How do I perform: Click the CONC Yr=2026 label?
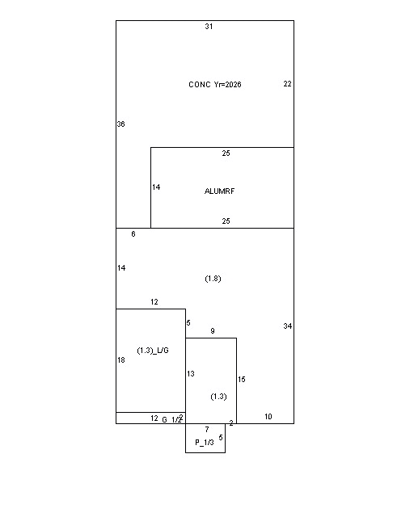coord(215,84)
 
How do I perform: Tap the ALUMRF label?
coord(220,191)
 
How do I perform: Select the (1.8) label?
coord(213,279)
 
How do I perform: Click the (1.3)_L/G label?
coord(153,351)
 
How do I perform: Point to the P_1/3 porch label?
coord(205,443)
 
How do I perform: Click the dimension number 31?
coord(209,27)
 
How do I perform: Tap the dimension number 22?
coord(288,84)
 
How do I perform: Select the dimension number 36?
coord(120,124)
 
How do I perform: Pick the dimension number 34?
coord(288,326)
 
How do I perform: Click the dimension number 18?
coord(121,360)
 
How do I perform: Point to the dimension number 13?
coord(191,373)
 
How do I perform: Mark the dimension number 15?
coord(241,380)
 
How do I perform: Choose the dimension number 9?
coord(213,330)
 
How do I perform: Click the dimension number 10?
coord(268,417)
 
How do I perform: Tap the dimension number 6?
coord(133,233)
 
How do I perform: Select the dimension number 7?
coord(207,429)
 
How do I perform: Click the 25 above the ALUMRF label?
coord(226,153)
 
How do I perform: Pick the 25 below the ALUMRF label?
coord(226,221)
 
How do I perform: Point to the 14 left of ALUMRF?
coord(156,187)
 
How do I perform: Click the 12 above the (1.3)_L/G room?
coord(154,301)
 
